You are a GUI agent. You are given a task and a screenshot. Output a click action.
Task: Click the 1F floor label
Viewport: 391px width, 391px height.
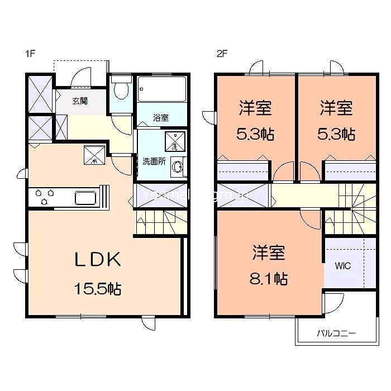point(30,54)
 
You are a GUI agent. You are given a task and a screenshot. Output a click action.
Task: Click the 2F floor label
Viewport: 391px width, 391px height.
point(222,54)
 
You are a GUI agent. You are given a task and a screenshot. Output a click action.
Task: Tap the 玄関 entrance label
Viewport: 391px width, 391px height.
point(79,101)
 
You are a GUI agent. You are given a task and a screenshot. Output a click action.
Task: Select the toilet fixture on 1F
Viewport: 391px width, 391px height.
point(120,88)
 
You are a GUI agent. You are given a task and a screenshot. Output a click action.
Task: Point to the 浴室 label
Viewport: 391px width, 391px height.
point(161,118)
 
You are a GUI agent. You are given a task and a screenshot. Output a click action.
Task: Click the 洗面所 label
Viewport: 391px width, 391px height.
point(153,161)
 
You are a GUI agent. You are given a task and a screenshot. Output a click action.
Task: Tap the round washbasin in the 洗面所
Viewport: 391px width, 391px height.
point(178,166)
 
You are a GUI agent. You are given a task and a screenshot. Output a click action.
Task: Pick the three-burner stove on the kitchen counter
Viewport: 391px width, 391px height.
point(45,197)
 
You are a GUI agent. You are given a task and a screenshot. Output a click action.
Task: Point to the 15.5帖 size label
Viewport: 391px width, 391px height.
point(98,289)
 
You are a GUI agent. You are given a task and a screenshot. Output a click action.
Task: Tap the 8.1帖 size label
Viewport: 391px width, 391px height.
point(269,279)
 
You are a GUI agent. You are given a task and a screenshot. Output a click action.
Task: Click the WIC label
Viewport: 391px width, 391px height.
point(343,266)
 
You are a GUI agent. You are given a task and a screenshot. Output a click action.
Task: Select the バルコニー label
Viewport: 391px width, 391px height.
point(336,333)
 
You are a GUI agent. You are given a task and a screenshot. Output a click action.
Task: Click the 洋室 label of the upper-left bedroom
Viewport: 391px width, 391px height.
point(256,108)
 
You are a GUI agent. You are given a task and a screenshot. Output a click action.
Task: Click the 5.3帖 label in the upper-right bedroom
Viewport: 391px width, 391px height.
point(336,135)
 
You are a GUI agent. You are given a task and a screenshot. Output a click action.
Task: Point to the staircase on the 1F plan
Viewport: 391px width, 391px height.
point(159,222)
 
